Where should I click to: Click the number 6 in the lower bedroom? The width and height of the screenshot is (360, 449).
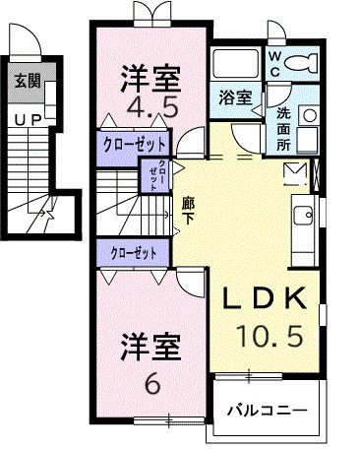pos(150,384)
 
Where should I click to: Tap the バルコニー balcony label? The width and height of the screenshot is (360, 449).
pos(267,409)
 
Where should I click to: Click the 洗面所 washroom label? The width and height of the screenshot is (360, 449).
pos(281,127)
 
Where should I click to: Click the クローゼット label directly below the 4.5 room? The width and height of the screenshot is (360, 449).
pos(133,143)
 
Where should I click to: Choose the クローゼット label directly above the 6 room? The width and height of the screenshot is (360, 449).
pos(134,253)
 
